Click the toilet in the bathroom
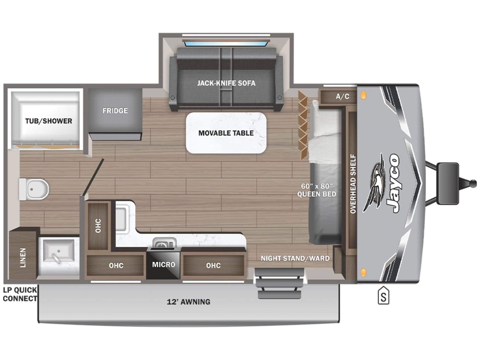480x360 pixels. [33, 189]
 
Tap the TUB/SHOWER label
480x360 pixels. [49, 121]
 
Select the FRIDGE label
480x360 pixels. [115, 111]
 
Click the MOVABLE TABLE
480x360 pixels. [226, 133]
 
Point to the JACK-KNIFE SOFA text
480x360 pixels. [226, 83]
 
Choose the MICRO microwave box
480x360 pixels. [163, 264]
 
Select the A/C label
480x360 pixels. [342, 96]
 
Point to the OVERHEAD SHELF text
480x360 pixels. [353, 184]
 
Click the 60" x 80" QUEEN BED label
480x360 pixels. [317, 190]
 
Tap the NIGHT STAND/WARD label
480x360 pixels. [295, 258]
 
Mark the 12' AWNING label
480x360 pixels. [188, 302]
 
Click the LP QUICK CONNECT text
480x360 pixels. [20, 294]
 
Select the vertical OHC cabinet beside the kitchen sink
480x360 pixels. [98, 226]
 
